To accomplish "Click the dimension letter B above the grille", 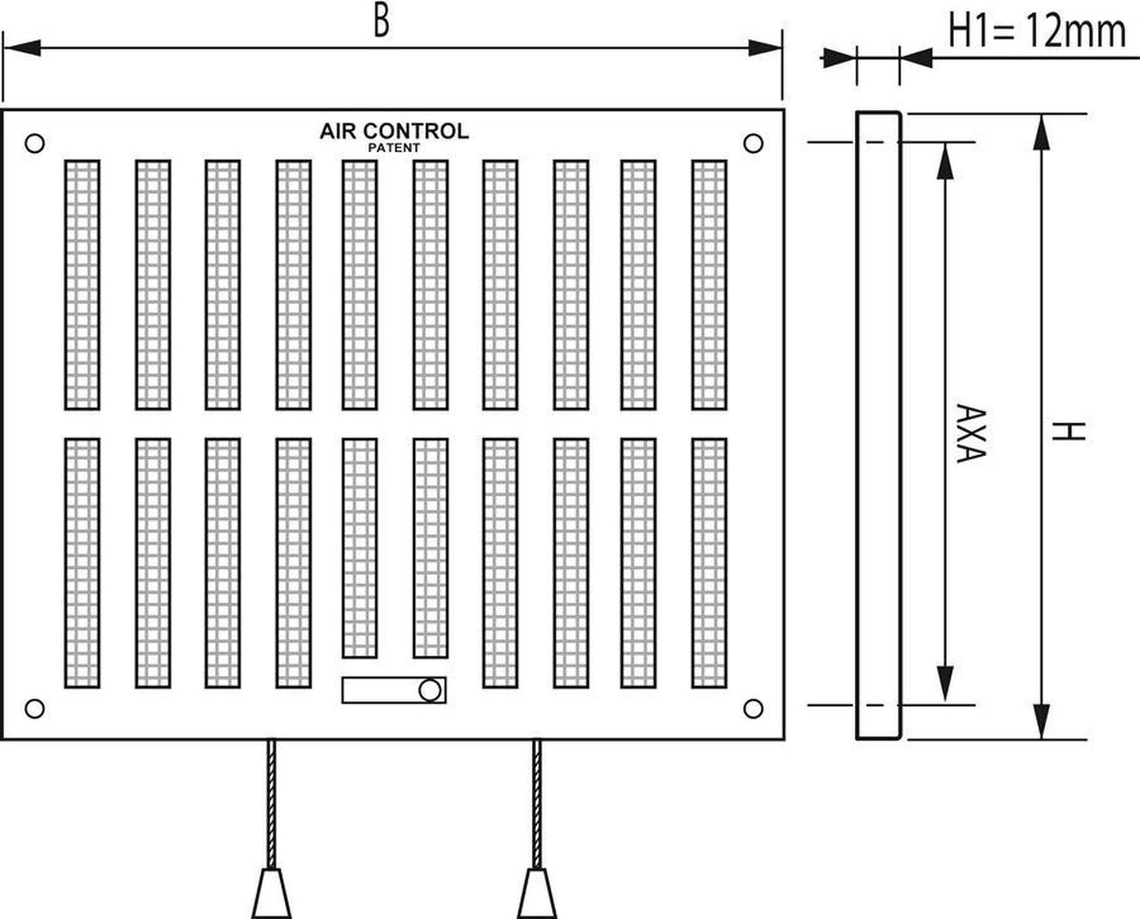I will pyautogui.click(x=381, y=21).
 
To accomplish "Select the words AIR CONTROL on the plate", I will pyautogui.click(x=393, y=131).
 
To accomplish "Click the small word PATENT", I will pyautogui.click(x=393, y=148).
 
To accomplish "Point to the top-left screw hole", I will pyautogui.click(x=34, y=144).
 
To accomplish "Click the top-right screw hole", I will pyautogui.click(x=753, y=144).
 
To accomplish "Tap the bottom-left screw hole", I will pyautogui.click(x=34, y=708).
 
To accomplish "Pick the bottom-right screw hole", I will pyautogui.click(x=753, y=708).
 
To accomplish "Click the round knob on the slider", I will pyautogui.click(x=429, y=690).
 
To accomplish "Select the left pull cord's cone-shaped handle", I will pyautogui.click(x=271, y=892).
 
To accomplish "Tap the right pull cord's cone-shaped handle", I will pyautogui.click(x=537, y=892).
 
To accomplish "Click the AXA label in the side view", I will pyautogui.click(x=967, y=434).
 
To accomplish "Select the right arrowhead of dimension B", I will pyautogui.click(x=765, y=48).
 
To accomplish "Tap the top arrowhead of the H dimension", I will pyautogui.click(x=1042, y=132).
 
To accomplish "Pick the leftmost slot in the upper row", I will pyautogui.click(x=82, y=284).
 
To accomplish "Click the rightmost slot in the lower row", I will pyautogui.click(x=709, y=563).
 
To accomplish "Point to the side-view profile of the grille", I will pyautogui.click(x=878, y=425).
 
